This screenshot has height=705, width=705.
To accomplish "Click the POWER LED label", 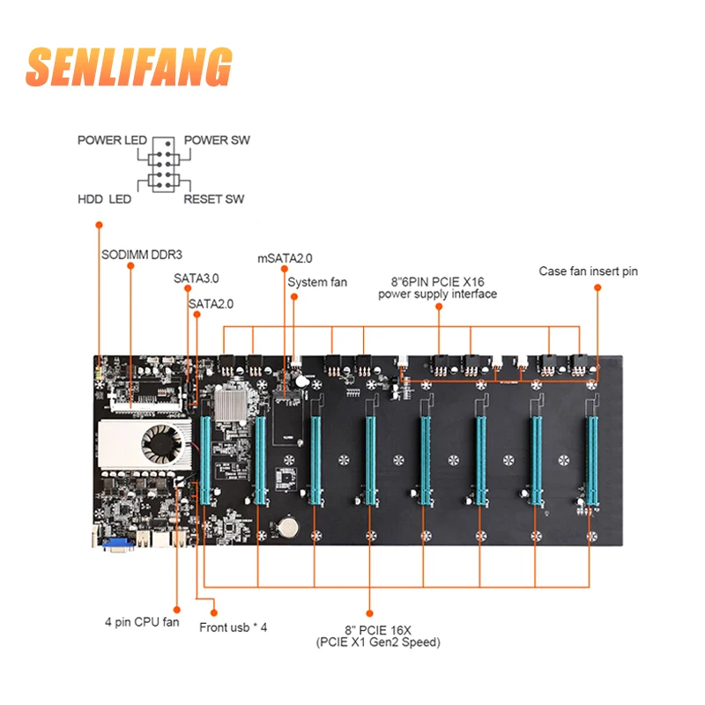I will tap(111, 140).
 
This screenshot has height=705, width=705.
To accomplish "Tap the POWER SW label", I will tap(217, 140).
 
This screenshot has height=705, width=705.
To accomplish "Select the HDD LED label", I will tap(104, 199).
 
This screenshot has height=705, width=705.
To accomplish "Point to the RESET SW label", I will tap(213, 199).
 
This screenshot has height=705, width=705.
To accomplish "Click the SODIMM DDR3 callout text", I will tap(141, 255).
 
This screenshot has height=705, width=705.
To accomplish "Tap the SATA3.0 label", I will tap(196, 278).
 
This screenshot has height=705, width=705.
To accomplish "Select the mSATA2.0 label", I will tap(285, 258).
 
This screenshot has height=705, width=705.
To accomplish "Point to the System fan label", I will tap(317, 282).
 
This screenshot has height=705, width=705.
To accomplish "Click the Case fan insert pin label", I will tap(588, 271).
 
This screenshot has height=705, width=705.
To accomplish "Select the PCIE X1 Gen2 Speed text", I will tap(378, 642).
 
